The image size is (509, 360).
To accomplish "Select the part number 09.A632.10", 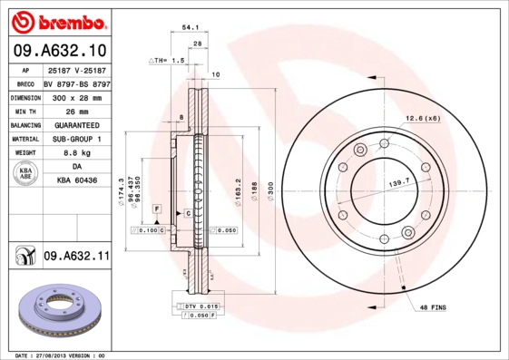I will pos(61,49).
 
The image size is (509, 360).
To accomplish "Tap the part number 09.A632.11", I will pos(75,257).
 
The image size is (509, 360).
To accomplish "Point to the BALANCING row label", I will pos(26,125).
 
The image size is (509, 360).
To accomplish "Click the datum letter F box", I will pos(157,209).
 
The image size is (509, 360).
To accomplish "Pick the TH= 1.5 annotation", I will pos(168,60).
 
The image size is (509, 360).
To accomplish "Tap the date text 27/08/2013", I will pos(56,355).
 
